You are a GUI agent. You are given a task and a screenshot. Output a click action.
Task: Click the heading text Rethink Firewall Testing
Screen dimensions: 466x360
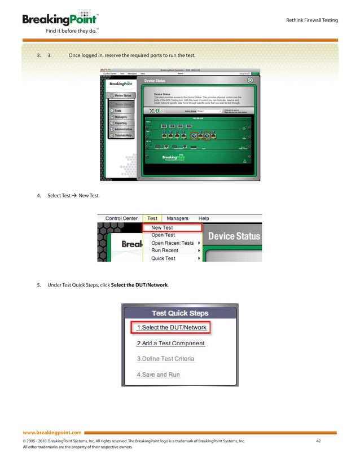(x=313, y=20)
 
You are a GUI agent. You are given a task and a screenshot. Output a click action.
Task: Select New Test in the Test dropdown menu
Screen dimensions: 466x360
(x=163, y=228)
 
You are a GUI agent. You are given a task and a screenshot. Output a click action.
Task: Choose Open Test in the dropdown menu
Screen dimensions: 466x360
(x=163, y=235)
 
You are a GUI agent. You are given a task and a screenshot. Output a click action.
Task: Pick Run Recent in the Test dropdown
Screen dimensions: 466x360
(x=165, y=250)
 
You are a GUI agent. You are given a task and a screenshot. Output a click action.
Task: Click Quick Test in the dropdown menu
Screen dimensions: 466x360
(x=163, y=258)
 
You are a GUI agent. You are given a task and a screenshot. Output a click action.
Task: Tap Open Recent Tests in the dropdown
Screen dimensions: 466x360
(x=172, y=243)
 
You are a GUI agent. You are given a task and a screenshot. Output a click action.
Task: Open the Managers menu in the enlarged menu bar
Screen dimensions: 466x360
(x=178, y=218)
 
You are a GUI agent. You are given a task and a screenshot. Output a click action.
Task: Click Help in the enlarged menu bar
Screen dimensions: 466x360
(x=203, y=218)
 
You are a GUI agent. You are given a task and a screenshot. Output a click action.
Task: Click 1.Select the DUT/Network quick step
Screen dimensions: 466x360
(x=172, y=328)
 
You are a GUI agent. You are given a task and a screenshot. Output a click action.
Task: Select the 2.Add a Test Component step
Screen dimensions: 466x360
(x=171, y=343)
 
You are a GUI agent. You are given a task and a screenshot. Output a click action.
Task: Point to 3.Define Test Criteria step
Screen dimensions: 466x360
(x=165, y=359)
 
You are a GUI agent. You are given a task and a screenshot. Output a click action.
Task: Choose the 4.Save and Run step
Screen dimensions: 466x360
(x=158, y=375)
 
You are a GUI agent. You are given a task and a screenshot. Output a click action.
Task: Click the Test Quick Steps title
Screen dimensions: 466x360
(x=179, y=313)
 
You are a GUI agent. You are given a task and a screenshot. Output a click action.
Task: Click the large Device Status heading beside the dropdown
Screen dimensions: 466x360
(x=234, y=236)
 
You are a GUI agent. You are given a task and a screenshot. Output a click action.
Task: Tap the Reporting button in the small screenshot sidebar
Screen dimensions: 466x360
(x=121, y=123)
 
